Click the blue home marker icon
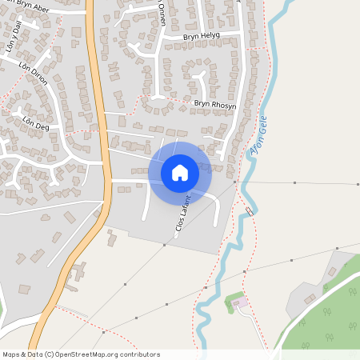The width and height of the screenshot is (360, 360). click(x=180, y=172)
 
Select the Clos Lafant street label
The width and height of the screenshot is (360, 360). click(x=185, y=214)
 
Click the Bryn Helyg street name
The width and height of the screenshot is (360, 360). click(x=201, y=37)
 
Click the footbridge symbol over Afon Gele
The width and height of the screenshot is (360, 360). click(x=250, y=210)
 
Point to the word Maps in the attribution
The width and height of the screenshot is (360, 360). click(x=12, y=354)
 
